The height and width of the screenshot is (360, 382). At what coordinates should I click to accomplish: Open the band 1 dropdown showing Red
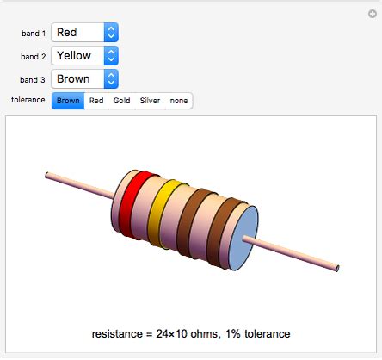pos(84,33)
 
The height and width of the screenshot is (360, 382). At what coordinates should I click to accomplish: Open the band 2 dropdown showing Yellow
pos(84,56)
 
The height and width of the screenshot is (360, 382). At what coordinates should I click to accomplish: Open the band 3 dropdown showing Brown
pos(84,78)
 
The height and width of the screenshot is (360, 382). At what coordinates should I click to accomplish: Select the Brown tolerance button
pos(68,101)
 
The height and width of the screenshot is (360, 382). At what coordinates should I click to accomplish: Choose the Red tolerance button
pos(96,101)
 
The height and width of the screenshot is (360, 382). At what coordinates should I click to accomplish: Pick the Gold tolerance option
pos(121,101)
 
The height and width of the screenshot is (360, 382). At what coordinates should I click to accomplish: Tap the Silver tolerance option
pos(150,101)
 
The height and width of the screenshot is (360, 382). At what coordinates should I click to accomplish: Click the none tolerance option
pos(178,101)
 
